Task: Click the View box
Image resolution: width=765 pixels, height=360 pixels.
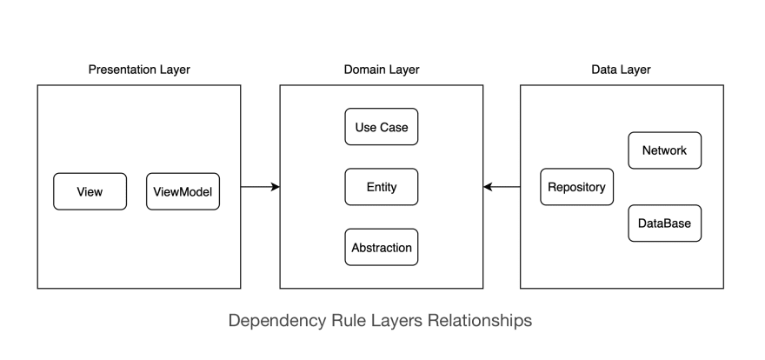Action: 90,191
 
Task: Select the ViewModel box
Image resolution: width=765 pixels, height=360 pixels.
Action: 183,191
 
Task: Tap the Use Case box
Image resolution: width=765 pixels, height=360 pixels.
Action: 382,127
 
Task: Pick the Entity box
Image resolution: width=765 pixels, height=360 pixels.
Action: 382,187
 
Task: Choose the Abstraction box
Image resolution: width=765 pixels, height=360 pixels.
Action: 382,247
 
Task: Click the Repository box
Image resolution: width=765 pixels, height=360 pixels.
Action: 576,187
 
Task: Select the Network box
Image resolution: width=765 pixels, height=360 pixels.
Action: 664,150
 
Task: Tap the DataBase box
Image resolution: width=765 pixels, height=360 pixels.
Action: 664,223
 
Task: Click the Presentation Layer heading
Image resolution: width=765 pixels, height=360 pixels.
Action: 139,70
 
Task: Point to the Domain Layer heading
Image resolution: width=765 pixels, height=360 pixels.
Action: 382,70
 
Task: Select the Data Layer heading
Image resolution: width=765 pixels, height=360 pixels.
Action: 621,70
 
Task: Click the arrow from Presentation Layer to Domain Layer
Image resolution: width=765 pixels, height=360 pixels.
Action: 260,187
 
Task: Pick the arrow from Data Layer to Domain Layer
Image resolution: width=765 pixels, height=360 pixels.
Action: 502,187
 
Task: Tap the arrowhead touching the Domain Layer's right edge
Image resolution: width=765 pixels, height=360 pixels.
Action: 488,187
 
